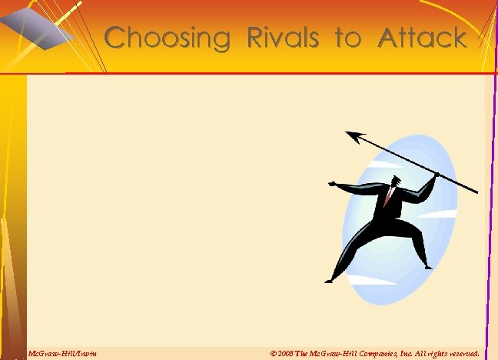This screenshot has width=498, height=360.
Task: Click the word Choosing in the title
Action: coord(166,38)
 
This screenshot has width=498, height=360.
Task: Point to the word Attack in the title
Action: coord(422,38)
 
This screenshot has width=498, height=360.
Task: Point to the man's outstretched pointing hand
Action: coord(333,183)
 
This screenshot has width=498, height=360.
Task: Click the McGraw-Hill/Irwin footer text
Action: coord(62,353)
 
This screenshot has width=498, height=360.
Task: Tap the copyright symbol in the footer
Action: coord(274,353)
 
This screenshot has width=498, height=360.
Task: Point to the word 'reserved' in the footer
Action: coord(463,353)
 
